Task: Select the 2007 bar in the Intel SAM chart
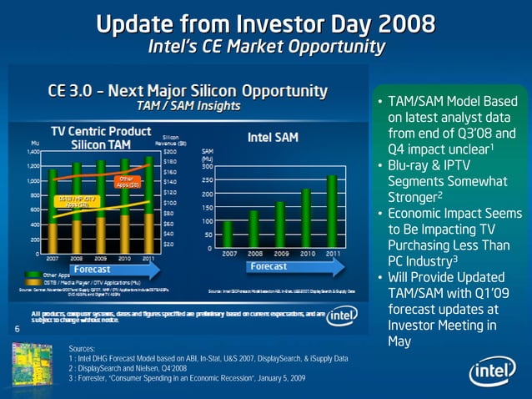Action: click(228, 235)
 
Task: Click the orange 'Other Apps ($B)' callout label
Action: click(125, 181)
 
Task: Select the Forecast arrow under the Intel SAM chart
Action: click(268, 266)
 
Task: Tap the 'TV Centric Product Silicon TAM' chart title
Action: click(100, 138)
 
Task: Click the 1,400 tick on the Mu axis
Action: click(33, 152)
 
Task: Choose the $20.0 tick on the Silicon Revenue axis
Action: click(168, 152)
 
